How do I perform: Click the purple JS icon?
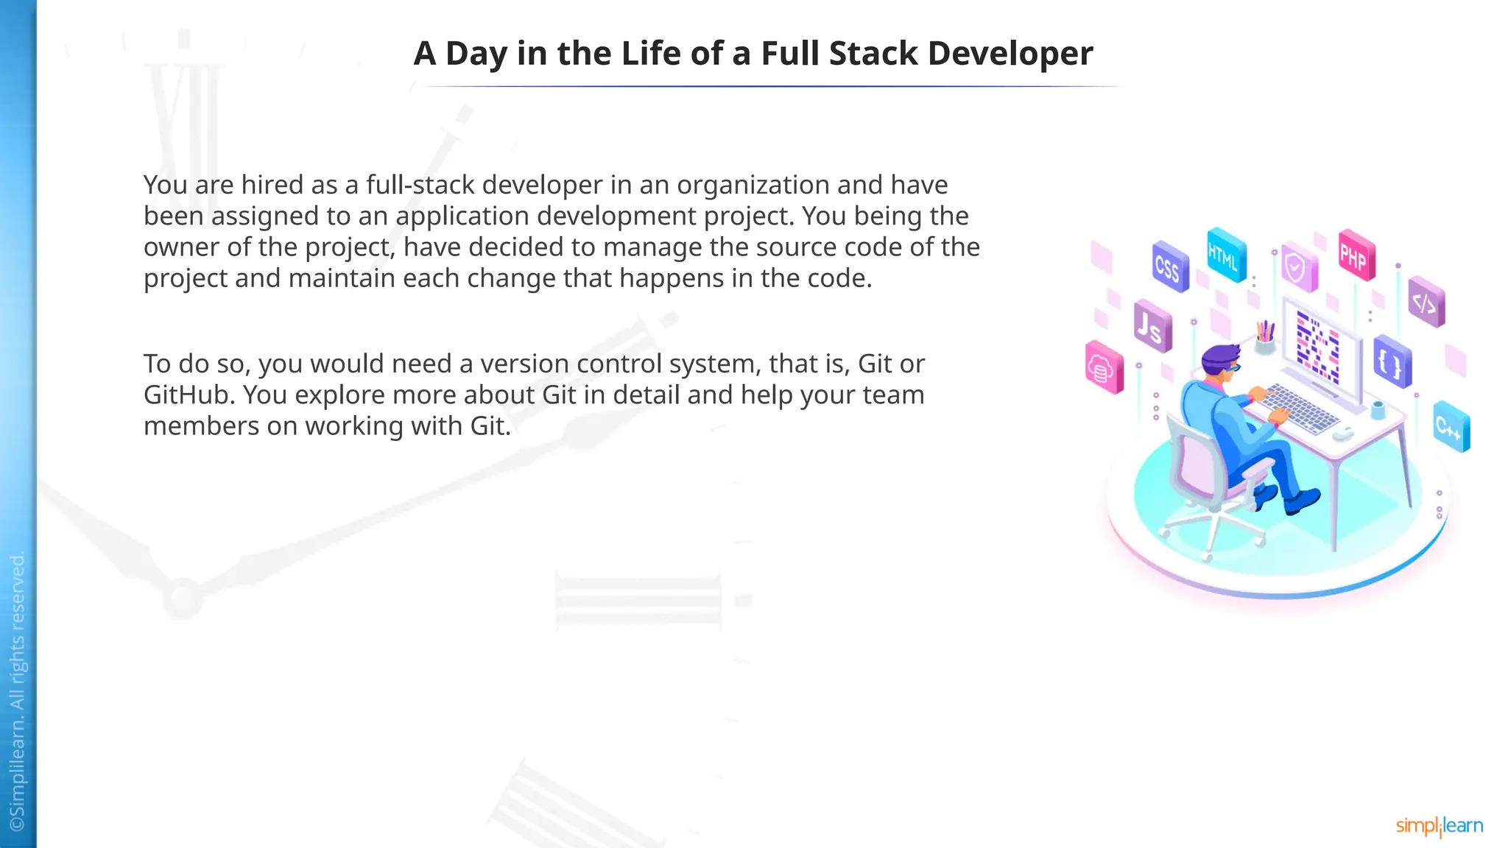(1152, 326)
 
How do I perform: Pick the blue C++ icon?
(1451, 426)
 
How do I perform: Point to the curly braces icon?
(1391, 362)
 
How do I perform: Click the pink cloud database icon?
(1103, 367)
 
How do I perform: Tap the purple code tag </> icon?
(1426, 302)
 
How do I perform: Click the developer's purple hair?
(1219, 356)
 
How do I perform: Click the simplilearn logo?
(1440, 826)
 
